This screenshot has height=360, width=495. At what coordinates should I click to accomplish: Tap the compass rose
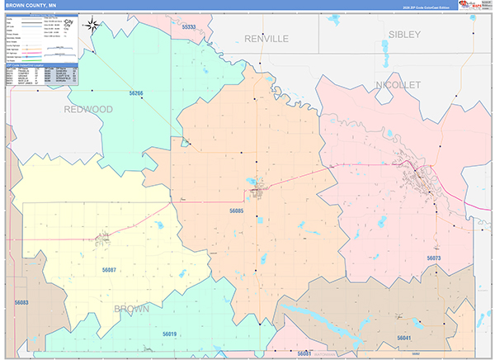pyautogui.click(x=95, y=26)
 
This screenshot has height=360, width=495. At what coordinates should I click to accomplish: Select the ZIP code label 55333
pyautogui.click(x=188, y=27)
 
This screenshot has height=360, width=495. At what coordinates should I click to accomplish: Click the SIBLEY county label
pyautogui.click(x=404, y=35)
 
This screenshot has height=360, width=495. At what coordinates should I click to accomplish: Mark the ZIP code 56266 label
pyautogui.click(x=135, y=93)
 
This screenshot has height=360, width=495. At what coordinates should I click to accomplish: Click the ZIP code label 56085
pyautogui.click(x=236, y=211)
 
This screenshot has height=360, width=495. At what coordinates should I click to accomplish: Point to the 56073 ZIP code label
pyautogui.click(x=434, y=258)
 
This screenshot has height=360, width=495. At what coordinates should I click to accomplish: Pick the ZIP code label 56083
pyautogui.click(x=21, y=303)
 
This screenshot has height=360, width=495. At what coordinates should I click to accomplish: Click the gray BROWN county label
pyautogui.click(x=132, y=309)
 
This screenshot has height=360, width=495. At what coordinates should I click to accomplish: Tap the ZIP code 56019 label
pyautogui.click(x=169, y=334)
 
